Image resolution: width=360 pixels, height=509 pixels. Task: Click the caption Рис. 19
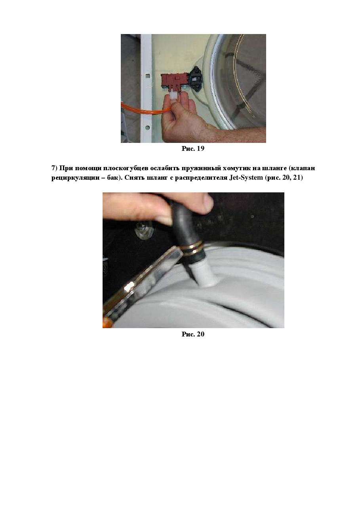[193, 148]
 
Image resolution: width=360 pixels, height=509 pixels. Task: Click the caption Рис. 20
[193, 334]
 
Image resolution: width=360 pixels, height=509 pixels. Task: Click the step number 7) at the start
[54, 168]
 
